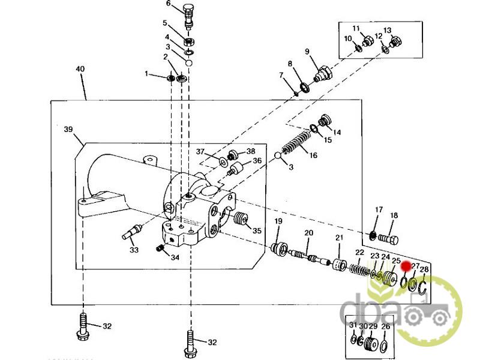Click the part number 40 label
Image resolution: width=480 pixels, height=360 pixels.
click(80, 69)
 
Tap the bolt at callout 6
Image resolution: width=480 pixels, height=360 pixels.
click(188, 16)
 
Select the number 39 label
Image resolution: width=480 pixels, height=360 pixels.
click(68, 129)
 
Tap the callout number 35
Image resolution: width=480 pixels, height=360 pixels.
click(257, 230)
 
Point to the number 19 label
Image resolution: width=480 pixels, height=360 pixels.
click(278, 222)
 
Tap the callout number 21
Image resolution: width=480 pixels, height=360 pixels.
click(338, 238)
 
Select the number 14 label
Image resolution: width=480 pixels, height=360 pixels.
click(337, 132)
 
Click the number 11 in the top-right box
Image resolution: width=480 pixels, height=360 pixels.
click(356, 28)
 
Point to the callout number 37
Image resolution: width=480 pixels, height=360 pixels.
click(200, 152)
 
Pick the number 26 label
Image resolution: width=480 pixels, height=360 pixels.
click(385, 326)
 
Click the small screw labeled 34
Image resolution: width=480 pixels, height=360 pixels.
click(160, 248)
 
